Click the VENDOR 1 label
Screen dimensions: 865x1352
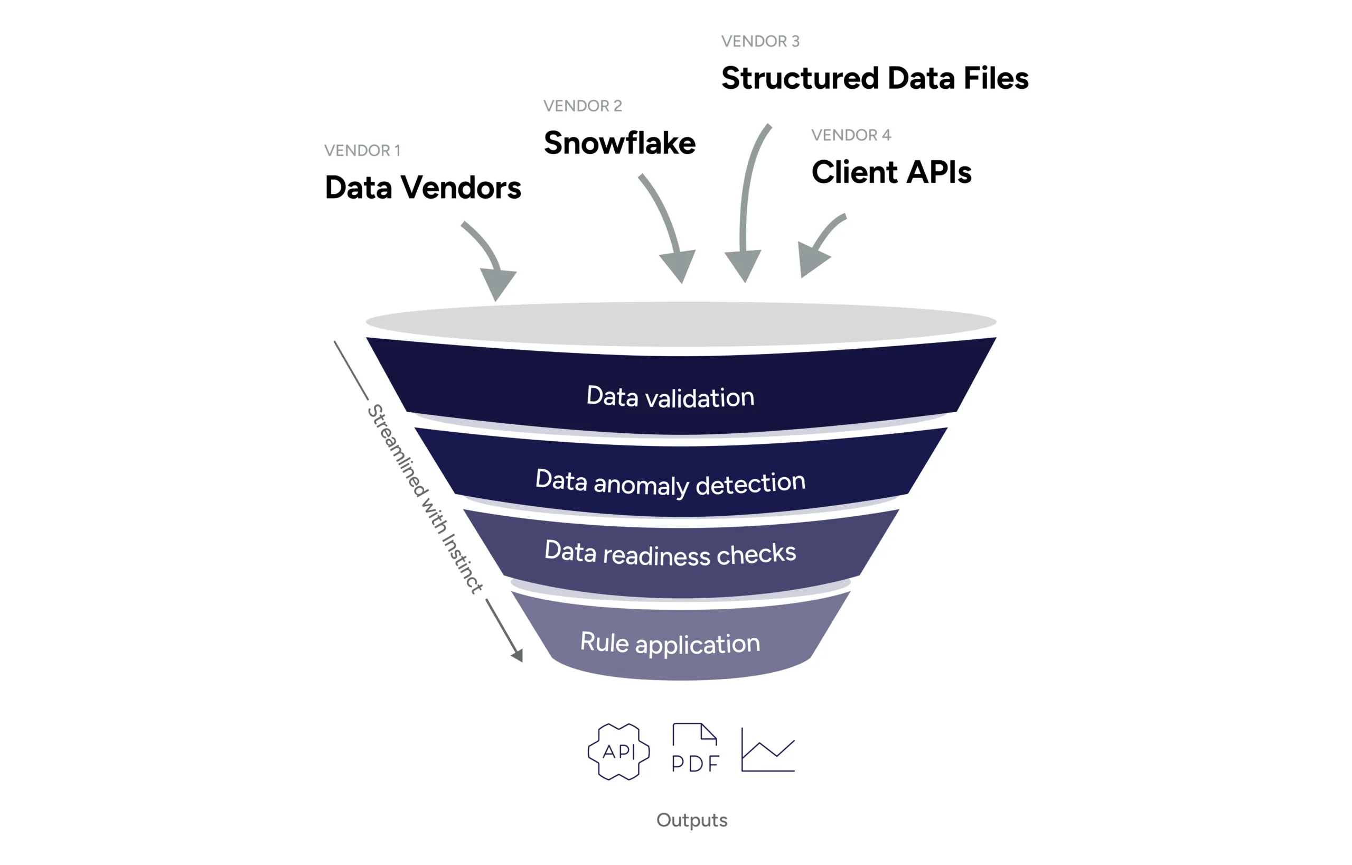point(362,151)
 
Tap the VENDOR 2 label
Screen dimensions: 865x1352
point(582,106)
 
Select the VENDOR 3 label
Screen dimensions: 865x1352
point(760,41)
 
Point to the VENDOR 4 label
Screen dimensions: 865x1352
point(851,135)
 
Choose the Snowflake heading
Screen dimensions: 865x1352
point(619,143)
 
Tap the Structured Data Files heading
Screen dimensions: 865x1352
point(875,78)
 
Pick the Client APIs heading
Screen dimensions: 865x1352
point(891,172)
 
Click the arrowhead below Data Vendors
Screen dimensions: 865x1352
point(497,283)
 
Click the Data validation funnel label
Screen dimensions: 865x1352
point(670,396)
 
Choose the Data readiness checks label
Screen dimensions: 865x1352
point(670,553)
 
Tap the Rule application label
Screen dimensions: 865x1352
point(670,643)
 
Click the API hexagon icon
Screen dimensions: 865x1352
point(618,751)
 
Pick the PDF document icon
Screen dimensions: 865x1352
point(695,748)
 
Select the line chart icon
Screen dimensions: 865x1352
point(767,750)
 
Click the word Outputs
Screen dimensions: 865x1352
point(692,820)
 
